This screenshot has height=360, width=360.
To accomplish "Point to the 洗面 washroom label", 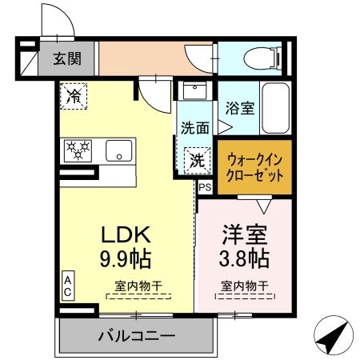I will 194,126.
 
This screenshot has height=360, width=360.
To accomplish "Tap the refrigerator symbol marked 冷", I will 74,97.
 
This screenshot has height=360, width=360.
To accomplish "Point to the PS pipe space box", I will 205,188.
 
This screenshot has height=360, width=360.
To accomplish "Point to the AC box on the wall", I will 69,286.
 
